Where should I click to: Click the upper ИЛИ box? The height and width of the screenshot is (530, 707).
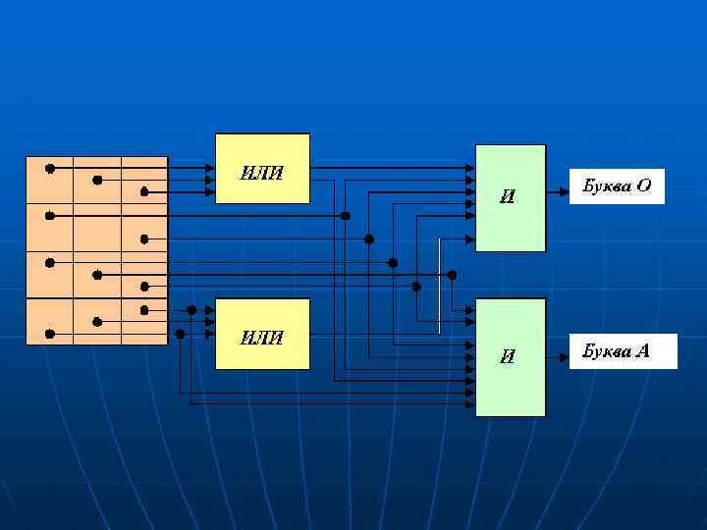point(262,168)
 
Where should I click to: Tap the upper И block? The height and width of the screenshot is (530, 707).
point(511,197)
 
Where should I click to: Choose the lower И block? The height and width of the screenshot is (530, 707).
point(511,356)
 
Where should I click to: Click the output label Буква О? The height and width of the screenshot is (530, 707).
point(617,185)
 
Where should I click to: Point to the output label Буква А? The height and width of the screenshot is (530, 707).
point(623,351)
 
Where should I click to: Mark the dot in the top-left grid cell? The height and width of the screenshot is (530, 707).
point(49,168)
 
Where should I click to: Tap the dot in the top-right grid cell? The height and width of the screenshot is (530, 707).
point(144,191)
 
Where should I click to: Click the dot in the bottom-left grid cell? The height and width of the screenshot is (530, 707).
point(49,334)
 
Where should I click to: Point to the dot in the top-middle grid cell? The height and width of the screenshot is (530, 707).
point(97,180)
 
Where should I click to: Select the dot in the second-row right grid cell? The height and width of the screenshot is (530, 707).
point(144,238)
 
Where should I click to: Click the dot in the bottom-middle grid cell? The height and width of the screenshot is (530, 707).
point(97,322)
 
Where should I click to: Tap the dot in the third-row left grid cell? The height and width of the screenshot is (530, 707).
point(49,262)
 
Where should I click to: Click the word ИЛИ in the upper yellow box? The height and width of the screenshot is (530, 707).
point(262,174)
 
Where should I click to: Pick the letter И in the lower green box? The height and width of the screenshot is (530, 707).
point(507,357)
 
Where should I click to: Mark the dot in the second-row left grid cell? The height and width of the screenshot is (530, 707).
point(49,215)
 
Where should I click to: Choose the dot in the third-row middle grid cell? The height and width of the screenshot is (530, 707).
point(97,275)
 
